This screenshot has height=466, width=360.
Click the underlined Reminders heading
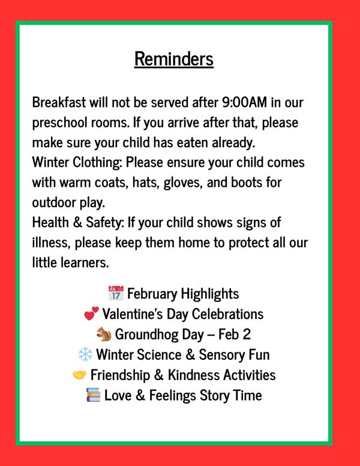(x=174, y=59)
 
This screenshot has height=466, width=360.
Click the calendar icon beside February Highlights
(x=116, y=294)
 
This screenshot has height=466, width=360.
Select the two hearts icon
(x=91, y=314)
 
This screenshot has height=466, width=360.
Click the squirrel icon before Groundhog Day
(x=104, y=334)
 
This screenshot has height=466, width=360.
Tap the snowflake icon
(x=85, y=354)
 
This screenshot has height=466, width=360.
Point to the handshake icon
(x=79, y=375)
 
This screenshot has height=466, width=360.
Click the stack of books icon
(x=94, y=396)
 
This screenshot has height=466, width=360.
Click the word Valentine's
(x=134, y=314)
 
